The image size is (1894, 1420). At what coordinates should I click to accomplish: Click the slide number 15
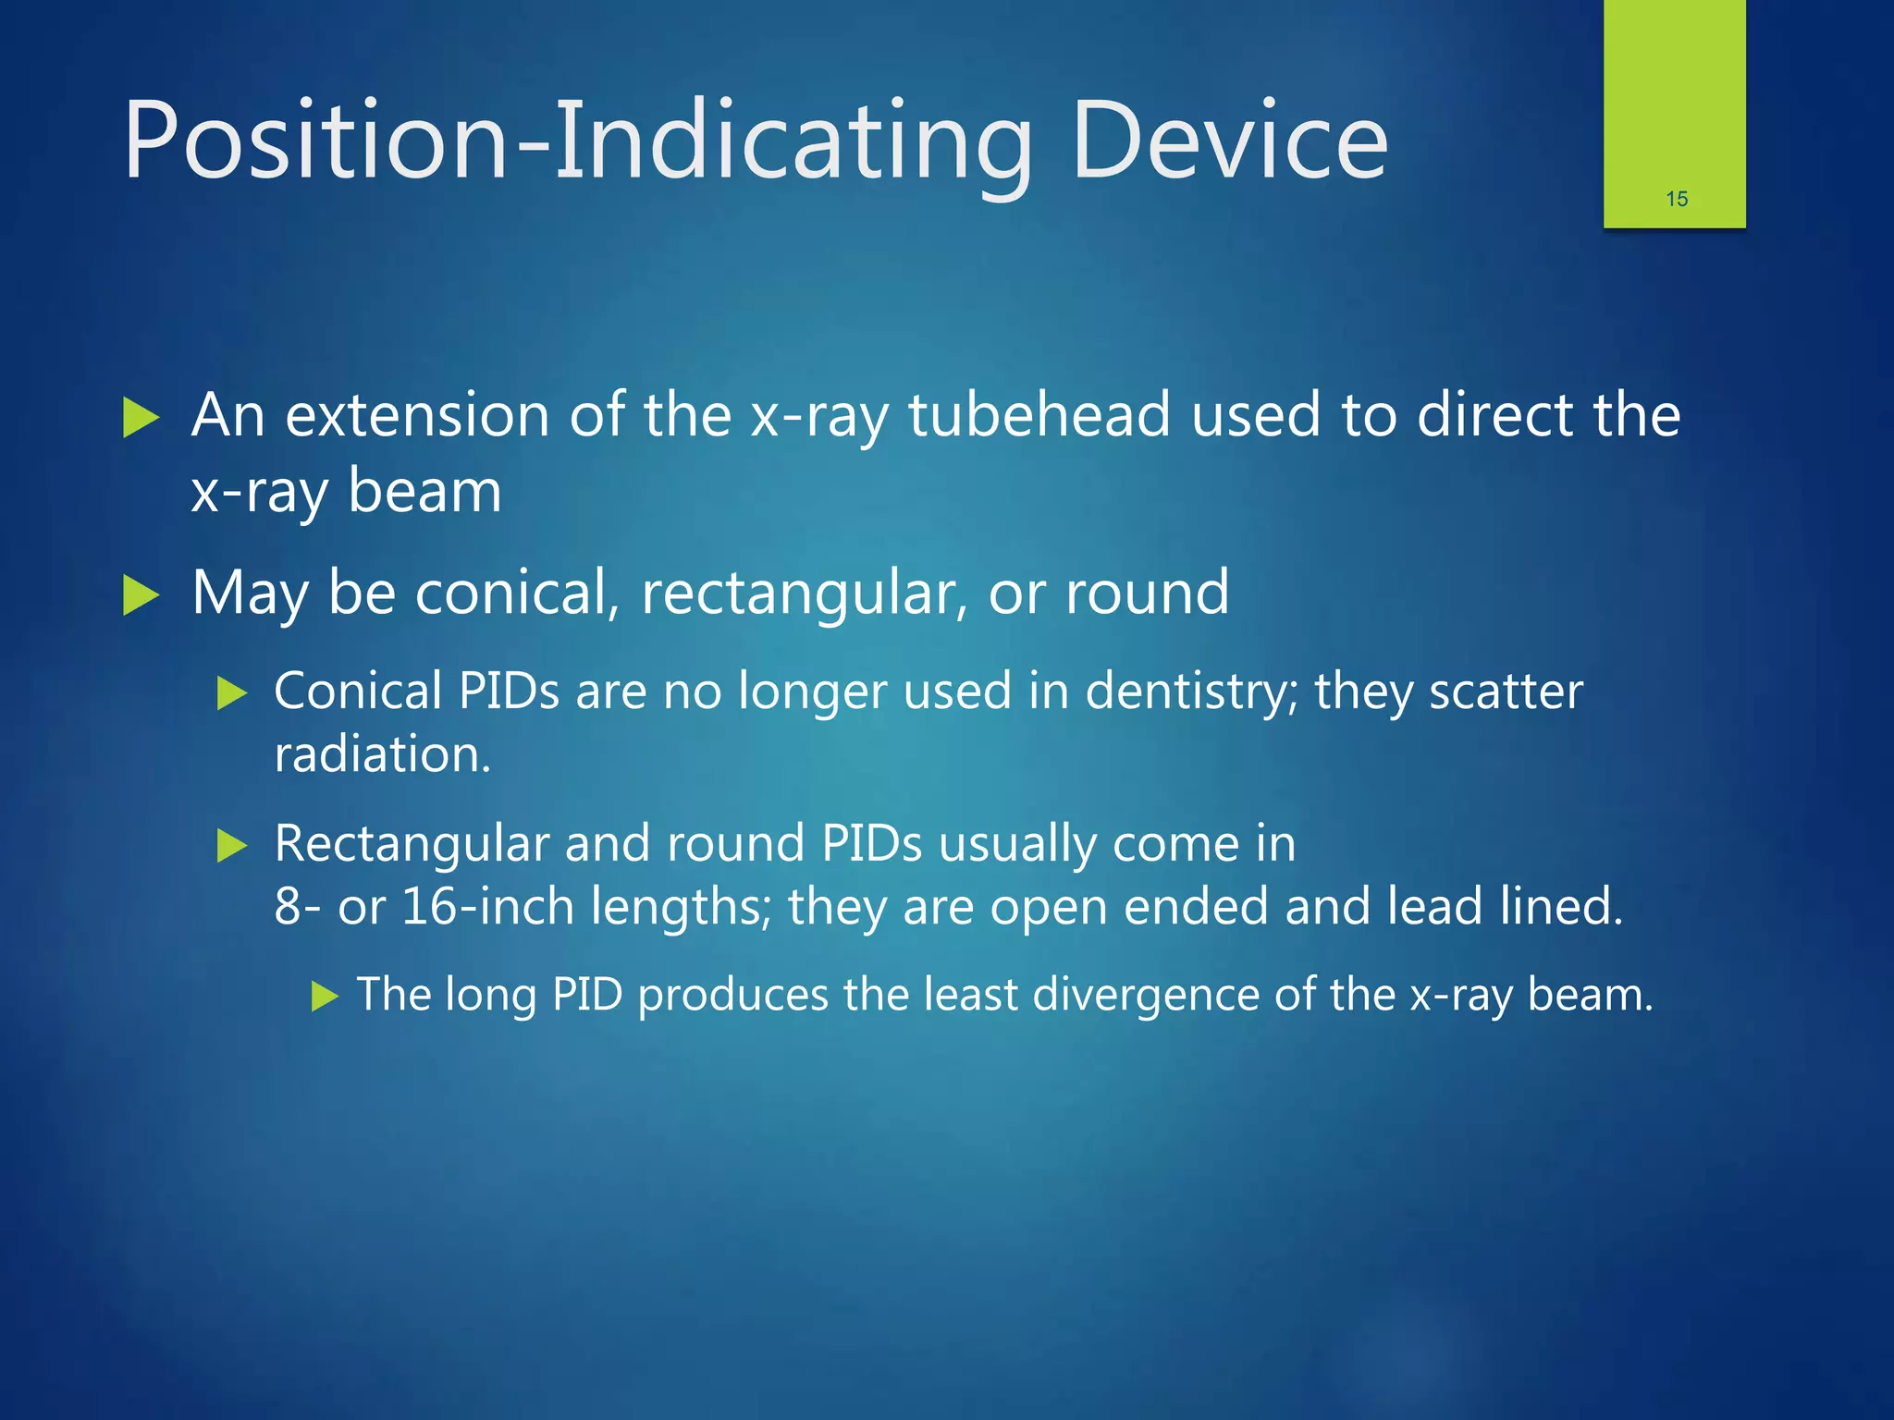point(1676,199)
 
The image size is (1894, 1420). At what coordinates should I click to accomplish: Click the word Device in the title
point(1229,141)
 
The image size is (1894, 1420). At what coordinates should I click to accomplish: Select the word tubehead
point(1039,414)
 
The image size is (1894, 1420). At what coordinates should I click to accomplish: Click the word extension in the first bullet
point(414,414)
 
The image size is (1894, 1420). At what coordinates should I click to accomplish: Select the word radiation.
point(382,754)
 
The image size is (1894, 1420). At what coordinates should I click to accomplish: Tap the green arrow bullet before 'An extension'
point(141,418)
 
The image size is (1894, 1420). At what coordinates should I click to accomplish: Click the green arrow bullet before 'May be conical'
point(141,595)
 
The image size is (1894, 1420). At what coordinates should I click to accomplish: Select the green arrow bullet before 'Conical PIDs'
point(231,693)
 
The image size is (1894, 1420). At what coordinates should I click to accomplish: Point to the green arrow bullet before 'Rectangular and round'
point(231,845)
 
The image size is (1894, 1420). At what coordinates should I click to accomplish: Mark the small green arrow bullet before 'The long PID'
point(326,997)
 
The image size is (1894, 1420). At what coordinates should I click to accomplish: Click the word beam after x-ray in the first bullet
point(424,490)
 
